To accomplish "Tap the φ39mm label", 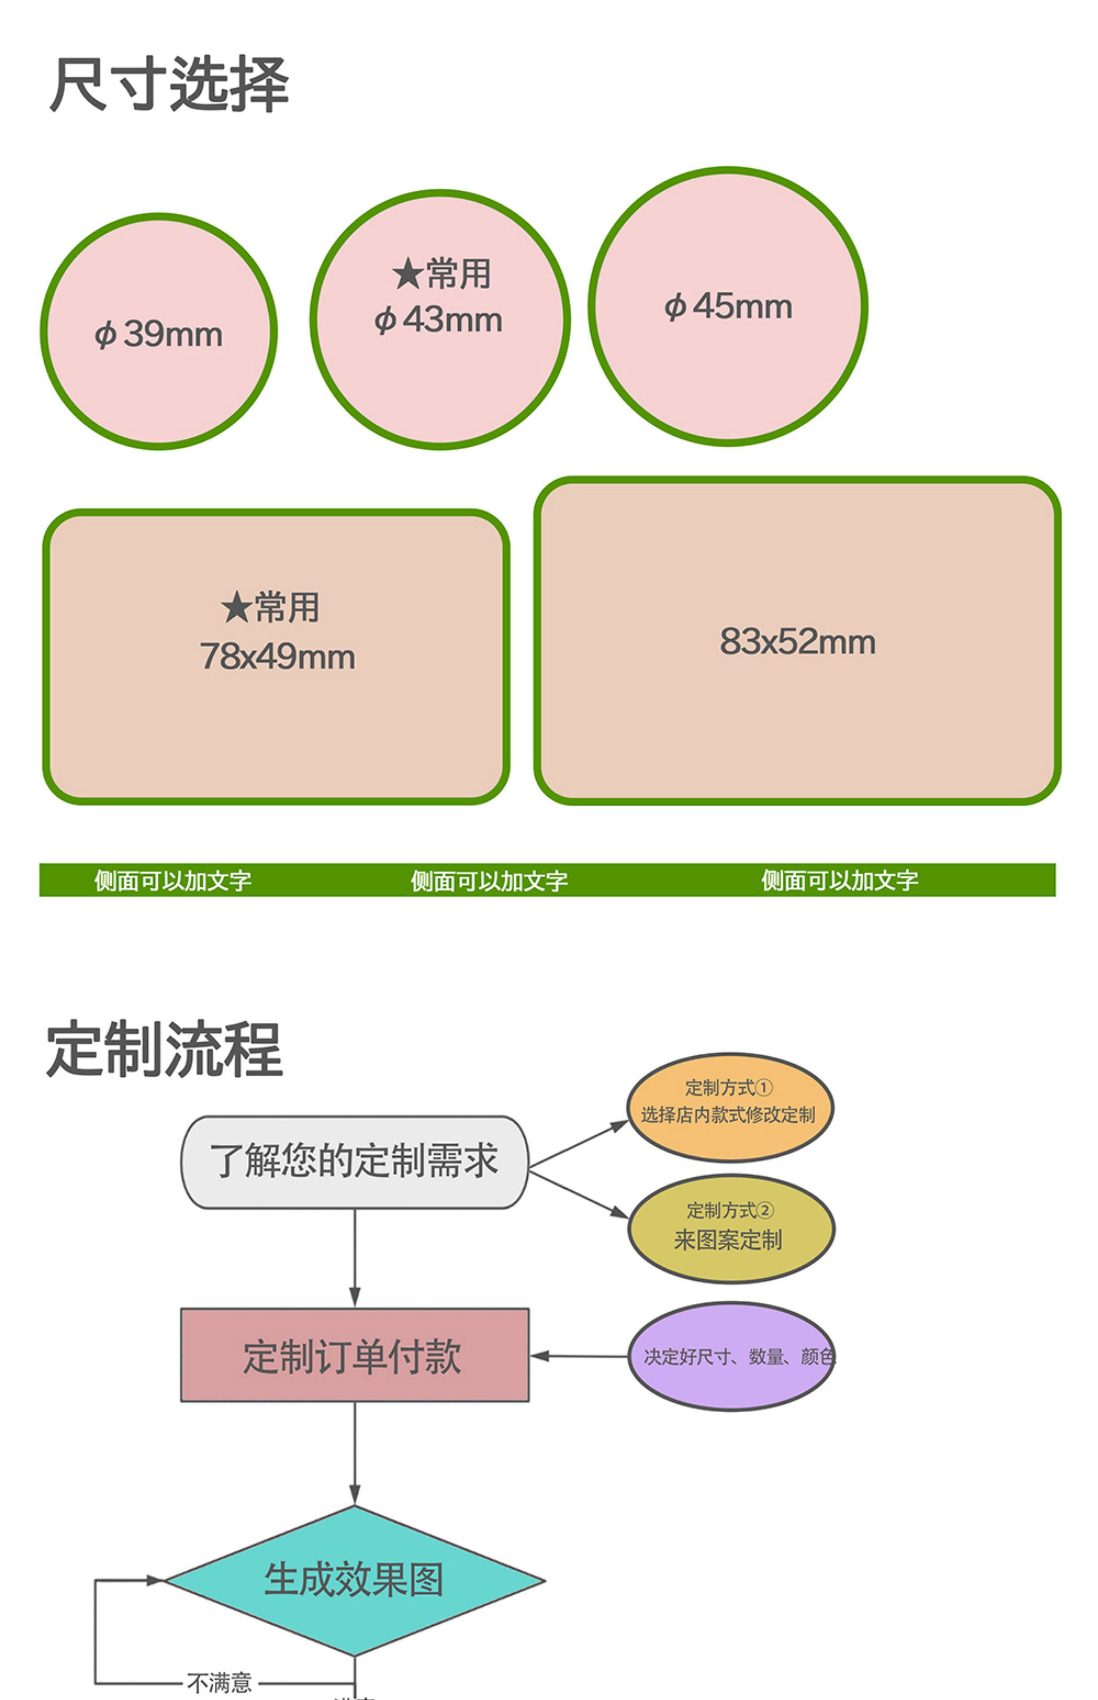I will coord(159,334).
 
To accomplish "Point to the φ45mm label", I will coord(728,306).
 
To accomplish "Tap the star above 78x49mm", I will coord(236,608).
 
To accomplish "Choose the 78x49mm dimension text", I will coord(277,657).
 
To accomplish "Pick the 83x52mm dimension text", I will coord(797,641).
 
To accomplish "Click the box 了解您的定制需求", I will coord(354,1162).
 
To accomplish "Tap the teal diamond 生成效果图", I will coord(354,1580).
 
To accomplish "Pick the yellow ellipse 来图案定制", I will coord(730,1229).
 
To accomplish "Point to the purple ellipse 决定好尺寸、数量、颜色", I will coord(730,1356).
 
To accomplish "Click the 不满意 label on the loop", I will coord(220,1683).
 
